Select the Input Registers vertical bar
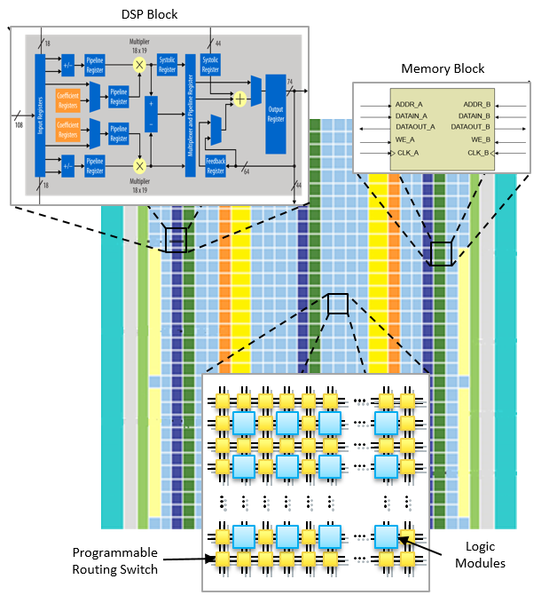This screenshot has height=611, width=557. (39, 114)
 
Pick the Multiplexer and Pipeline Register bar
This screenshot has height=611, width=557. (189, 114)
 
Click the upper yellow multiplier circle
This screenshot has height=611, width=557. (139, 65)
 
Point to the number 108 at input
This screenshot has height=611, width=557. (20, 124)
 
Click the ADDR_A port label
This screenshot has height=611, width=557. (408, 105)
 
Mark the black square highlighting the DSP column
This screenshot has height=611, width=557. (177, 240)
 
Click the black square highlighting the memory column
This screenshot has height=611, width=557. (441, 253)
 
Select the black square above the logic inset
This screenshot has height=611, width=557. (337, 304)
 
